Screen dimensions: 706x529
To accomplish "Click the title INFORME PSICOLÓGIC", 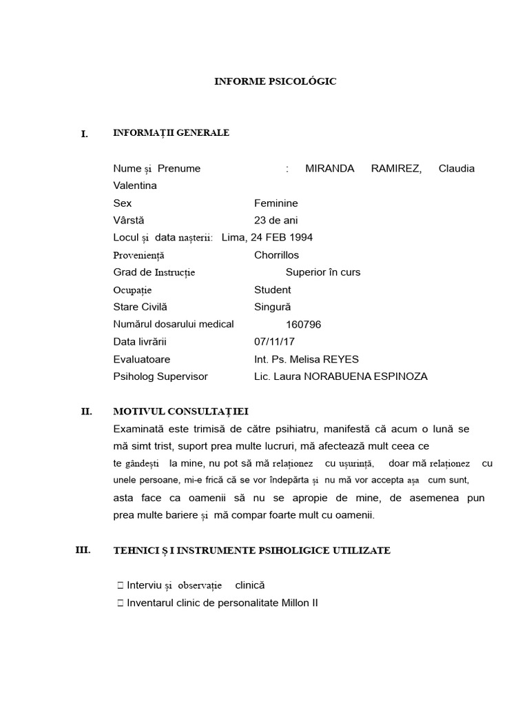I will [x=275, y=81].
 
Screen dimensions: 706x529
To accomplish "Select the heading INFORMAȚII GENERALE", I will [x=171, y=132].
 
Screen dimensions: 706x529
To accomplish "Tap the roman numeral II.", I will [x=86, y=412].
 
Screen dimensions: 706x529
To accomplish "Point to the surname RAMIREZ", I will [x=396, y=168].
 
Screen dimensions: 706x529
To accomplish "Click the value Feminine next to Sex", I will [x=276, y=203].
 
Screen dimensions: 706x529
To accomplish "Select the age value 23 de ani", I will [x=276, y=221].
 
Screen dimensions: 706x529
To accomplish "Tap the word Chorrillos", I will [x=276, y=255].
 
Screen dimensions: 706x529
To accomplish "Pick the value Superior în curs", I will [x=323, y=272].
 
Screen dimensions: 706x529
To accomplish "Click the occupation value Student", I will [x=272, y=290].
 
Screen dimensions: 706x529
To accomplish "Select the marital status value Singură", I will [x=273, y=307].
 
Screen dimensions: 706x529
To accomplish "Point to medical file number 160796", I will [x=303, y=325].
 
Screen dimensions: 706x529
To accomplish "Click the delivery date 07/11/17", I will [x=273, y=342].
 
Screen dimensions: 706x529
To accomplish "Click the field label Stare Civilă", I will [x=140, y=307].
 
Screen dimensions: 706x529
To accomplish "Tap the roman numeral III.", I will [x=83, y=550].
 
